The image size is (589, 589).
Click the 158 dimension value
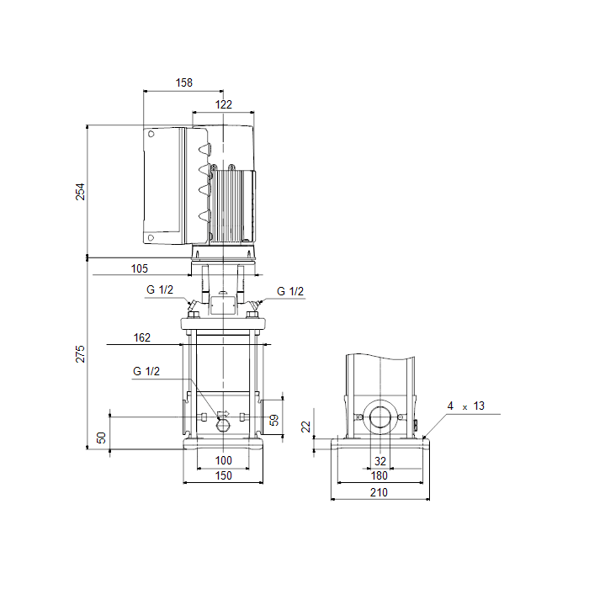coord(184,82)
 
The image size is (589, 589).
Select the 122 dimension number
coord(224,104)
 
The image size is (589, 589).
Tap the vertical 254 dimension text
coord(81,192)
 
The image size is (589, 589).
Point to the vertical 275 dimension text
coord(81,354)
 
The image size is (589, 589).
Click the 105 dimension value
coord(140,268)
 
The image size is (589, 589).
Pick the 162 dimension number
coord(142,337)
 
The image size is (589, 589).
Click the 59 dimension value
coord(274,420)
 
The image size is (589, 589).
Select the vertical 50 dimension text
coord(102,438)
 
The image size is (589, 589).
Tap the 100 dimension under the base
coord(224,460)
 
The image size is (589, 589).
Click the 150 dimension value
coord(224,475)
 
